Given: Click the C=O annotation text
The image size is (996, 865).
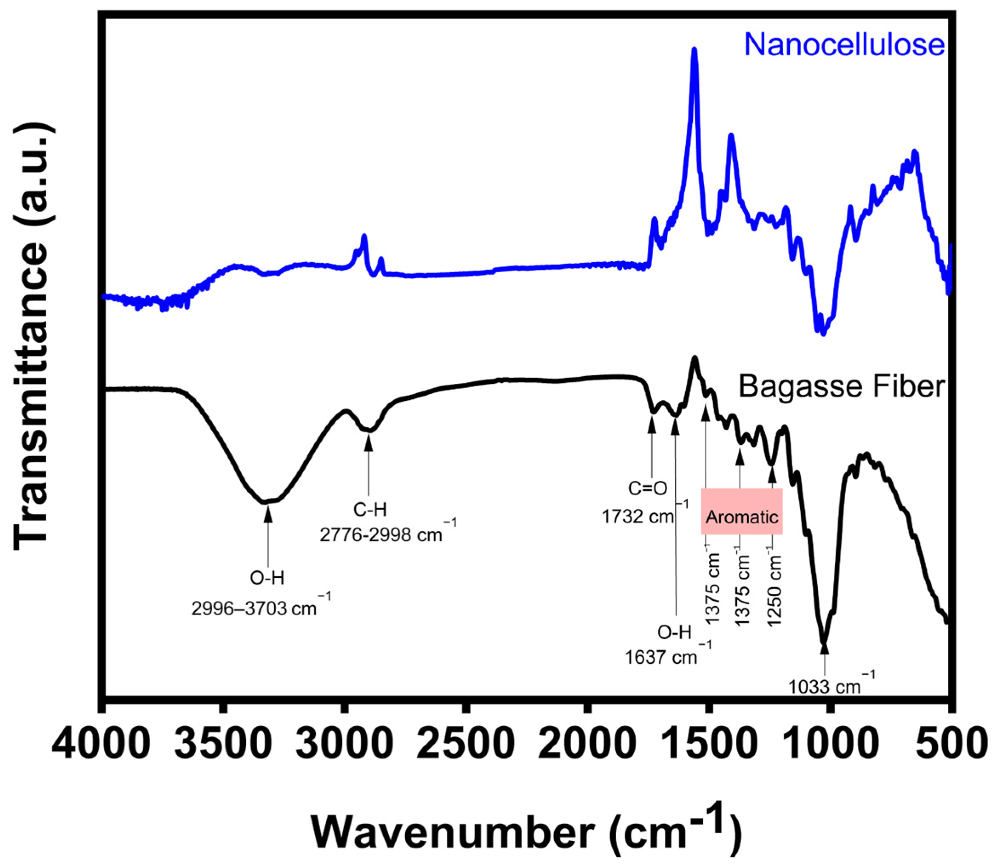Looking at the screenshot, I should click(x=648, y=488).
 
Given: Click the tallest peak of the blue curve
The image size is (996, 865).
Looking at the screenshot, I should click(x=694, y=51).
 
